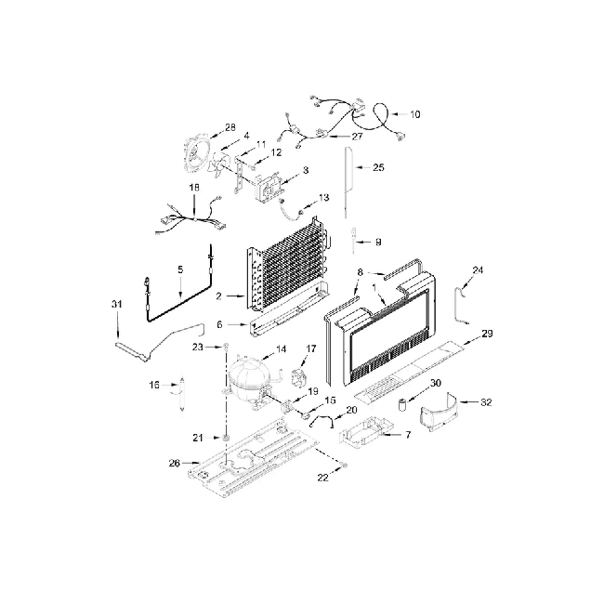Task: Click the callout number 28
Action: point(230,127)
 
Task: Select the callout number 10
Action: point(414,114)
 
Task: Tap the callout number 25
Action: point(378,167)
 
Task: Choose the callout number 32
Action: point(485,402)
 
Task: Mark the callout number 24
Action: point(478,270)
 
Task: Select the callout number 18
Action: point(194,188)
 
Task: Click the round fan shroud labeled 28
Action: point(199,152)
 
